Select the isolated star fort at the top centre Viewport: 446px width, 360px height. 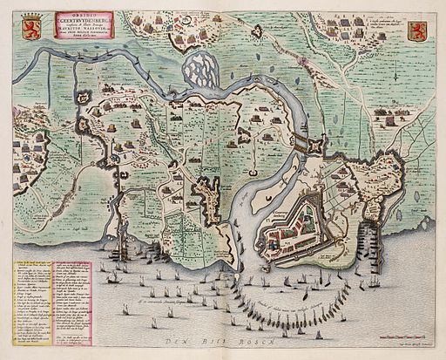coord(257,31)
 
